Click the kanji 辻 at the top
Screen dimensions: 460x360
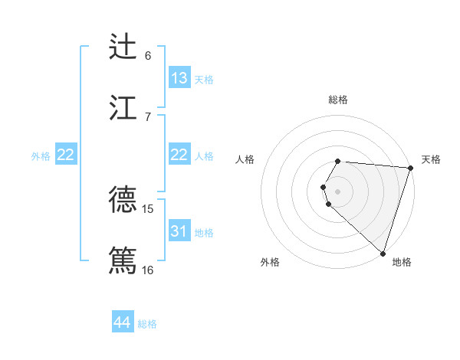[x=123, y=46]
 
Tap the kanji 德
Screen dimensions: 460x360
[x=123, y=199]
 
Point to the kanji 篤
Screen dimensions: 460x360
[x=123, y=260]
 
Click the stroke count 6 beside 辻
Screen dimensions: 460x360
[x=148, y=55]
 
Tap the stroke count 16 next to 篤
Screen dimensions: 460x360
[x=148, y=270]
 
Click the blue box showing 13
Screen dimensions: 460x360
[x=179, y=77]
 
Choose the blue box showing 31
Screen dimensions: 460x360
[x=179, y=231]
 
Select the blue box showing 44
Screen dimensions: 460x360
[x=122, y=322]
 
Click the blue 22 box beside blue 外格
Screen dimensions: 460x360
[x=66, y=155]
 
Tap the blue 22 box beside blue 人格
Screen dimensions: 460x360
[x=179, y=155]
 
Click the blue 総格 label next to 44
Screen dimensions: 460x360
[x=147, y=324]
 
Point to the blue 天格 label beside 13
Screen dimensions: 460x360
[x=204, y=79]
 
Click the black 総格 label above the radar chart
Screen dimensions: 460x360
[x=338, y=100]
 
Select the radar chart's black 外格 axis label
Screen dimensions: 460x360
[x=270, y=262]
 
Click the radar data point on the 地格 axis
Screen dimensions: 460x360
[x=383, y=253]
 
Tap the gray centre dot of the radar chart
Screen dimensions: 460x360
[x=338, y=191]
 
